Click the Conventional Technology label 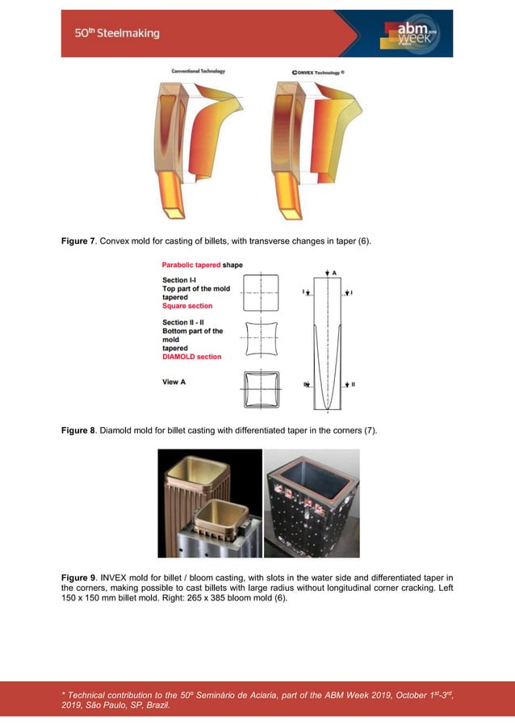(x=198, y=71)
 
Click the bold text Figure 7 (x=79, y=241)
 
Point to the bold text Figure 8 (x=79, y=430)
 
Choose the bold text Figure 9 (x=79, y=577)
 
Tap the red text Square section (x=187, y=306)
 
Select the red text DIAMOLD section (x=191, y=357)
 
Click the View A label (x=174, y=382)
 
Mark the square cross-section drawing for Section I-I (x=260, y=293)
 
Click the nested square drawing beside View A (x=260, y=390)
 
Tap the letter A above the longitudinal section (x=333, y=273)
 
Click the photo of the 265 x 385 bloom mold (x=312, y=503)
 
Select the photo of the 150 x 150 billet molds (x=210, y=503)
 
